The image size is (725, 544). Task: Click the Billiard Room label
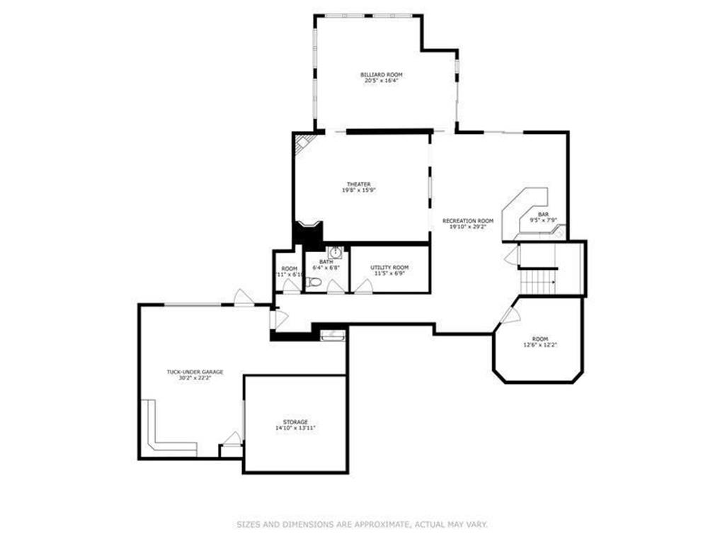(x=382, y=74)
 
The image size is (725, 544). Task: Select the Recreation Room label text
(x=467, y=221)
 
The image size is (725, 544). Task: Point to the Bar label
(x=543, y=214)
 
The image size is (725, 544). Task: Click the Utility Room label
(x=389, y=268)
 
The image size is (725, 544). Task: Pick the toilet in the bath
(x=314, y=283)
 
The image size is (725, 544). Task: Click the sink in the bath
(x=336, y=253)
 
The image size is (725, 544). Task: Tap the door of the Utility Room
(x=365, y=285)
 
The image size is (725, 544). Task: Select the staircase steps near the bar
(x=538, y=282)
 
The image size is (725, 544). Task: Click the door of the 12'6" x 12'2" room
(x=509, y=315)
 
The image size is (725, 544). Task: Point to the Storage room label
(x=295, y=422)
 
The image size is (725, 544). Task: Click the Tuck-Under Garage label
(x=195, y=372)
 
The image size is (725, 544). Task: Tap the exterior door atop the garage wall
(x=244, y=298)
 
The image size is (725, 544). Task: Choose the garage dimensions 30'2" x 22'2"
(x=195, y=378)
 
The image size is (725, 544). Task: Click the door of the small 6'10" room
(x=290, y=285)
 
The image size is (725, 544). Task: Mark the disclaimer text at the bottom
(x=362, y=525)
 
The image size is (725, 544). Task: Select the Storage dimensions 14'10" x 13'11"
(x=295, y=429)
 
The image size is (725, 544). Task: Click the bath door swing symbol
(x=336, y=286)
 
